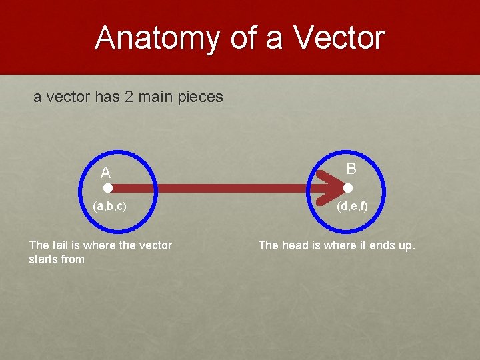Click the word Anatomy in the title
pos(159,38)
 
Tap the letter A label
pos(105,173)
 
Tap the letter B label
pos(351,169)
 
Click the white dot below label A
pos(107,189)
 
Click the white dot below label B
pos(347,189)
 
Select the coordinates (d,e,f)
pos(352,207)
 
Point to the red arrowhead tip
pos(341,189)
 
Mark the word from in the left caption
pos(73,259)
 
